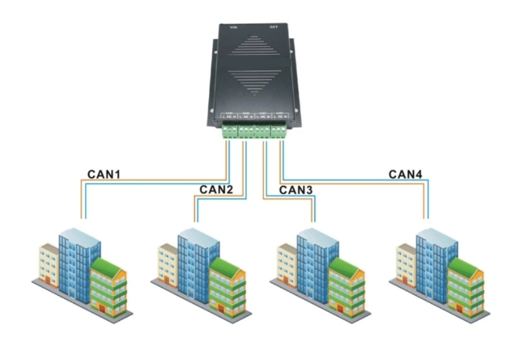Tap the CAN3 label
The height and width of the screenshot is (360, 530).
[296, 189]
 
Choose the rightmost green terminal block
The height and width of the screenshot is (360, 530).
[278, 130]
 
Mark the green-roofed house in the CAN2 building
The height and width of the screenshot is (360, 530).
[226, 286]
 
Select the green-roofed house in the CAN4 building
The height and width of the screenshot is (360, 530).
[463, 286]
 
